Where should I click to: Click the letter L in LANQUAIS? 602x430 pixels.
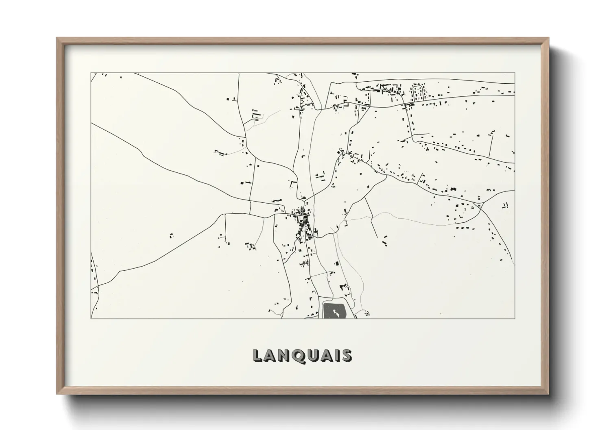257,356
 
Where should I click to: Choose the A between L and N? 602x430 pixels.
269,356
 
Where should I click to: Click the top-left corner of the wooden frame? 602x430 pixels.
57,38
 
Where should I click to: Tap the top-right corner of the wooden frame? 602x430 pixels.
548,38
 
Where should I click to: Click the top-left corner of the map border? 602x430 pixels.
91,73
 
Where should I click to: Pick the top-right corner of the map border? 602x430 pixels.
515,73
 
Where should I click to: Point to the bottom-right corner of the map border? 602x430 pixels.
515,318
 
